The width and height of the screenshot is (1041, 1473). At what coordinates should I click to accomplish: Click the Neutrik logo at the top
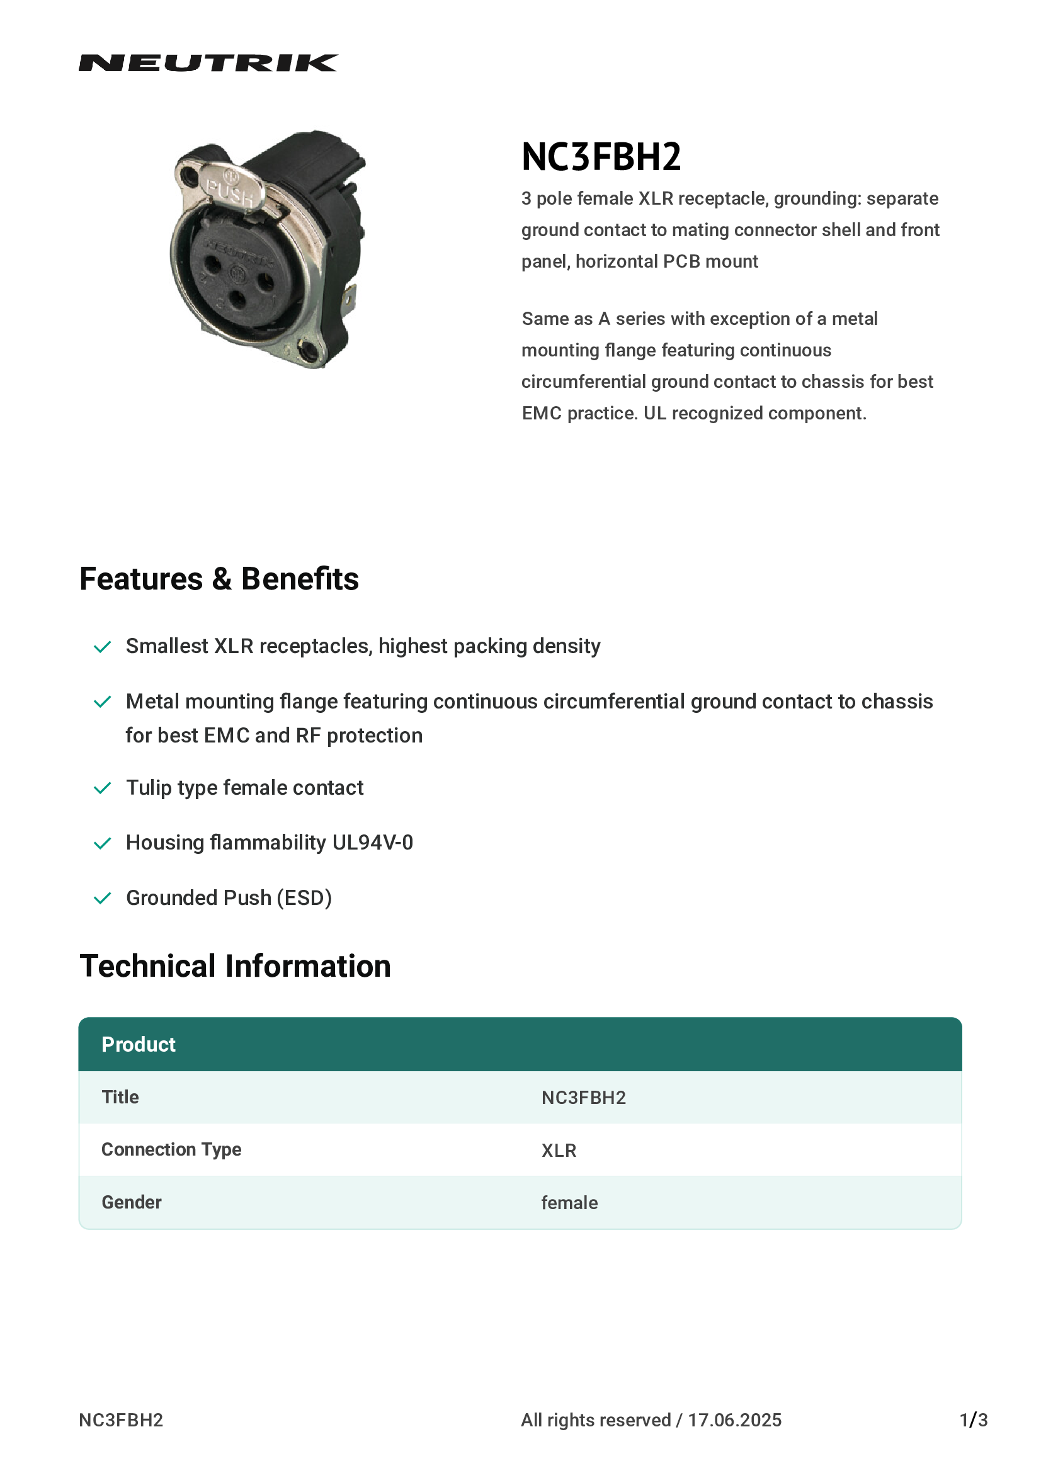(x=208, y=63)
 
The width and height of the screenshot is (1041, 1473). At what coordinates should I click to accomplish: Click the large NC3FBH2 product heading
(x=601, y=157)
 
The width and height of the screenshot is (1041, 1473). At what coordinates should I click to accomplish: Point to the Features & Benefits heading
(x=219, y=579)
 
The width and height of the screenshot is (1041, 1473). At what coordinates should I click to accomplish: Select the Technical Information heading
(x=235, y=966)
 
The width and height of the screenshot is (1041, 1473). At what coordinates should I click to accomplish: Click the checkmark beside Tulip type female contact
(x=103, y=788)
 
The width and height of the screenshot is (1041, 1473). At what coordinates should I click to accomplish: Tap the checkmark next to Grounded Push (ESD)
(x=103, y=898)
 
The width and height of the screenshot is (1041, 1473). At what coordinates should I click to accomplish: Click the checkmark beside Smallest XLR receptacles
(x=103, y=647)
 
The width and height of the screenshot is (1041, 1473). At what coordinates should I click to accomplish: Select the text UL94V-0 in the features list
(x=372, y=843)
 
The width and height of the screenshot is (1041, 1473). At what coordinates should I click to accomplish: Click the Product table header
(x=139, y=1044)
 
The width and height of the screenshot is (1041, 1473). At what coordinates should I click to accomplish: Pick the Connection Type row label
(x=171, y=1149)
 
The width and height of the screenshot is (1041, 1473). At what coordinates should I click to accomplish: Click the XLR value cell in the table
(x=559, y=1151)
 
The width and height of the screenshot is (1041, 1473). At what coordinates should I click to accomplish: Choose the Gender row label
(x=132, y=1202)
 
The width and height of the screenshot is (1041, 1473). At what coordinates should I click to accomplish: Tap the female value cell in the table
(x=569, y=1203)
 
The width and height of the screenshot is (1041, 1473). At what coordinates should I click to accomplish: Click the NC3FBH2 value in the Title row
(x=583, y=1098)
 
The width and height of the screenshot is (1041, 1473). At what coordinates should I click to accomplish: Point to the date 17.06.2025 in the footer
(x=734, y=1419)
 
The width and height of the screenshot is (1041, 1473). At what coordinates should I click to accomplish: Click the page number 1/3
(x=973, y=1419)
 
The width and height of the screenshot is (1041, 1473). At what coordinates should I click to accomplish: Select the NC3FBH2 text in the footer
(x=121, y=1419)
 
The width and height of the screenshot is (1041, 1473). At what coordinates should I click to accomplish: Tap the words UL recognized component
(x=754, y=413)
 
